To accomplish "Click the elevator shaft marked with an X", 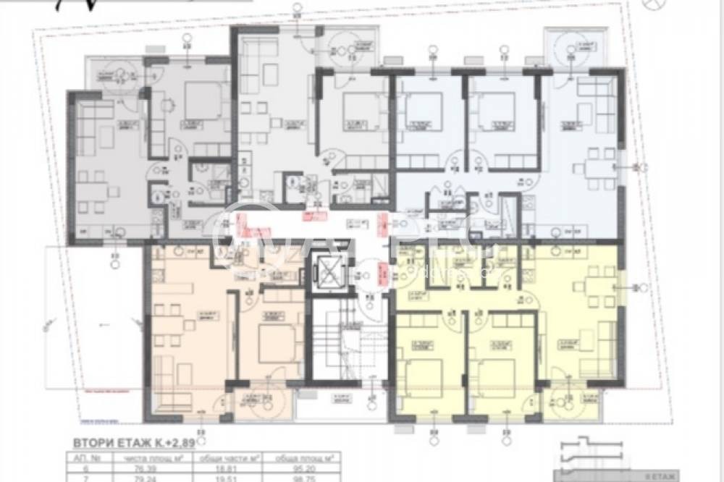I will pos(330,274).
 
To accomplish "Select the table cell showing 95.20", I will pos(299,468).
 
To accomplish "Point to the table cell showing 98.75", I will pos(299,478).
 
